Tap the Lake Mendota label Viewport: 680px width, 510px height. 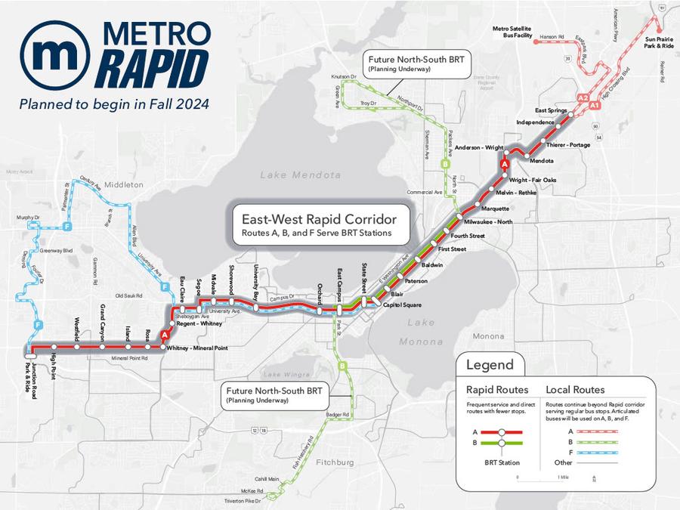301,175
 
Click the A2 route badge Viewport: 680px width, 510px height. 582,98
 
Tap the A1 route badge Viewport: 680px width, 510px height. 595,107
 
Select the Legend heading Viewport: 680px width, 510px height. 490,366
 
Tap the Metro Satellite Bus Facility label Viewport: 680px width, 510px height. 513,32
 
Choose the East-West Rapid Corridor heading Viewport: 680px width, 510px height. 319,220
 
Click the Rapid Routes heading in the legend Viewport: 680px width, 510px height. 496,390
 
